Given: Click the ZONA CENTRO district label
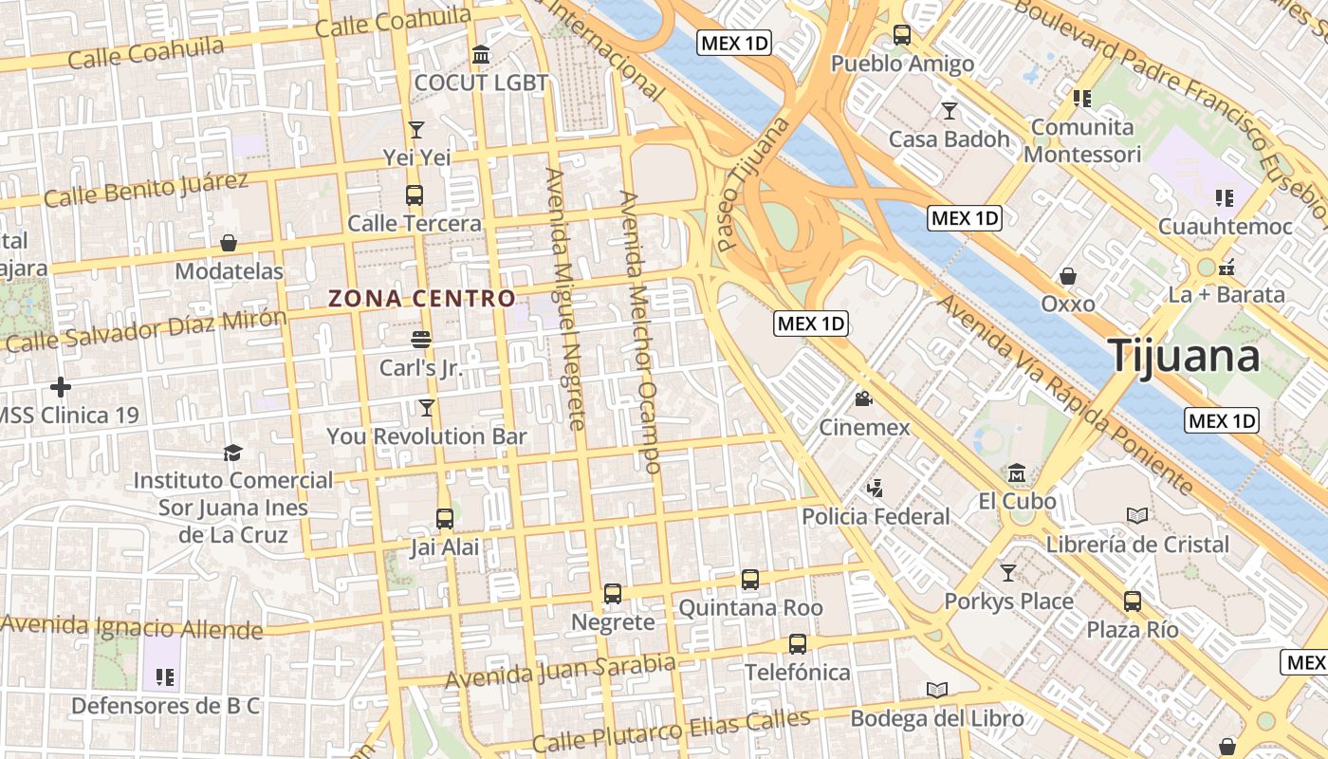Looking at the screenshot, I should pos(422,299).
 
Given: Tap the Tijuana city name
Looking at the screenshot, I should pos(1184,356).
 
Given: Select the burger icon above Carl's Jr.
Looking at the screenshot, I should pos(421,339).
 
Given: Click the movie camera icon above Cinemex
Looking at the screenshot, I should pos(863,398).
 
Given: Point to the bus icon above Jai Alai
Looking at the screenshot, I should pos(445,519).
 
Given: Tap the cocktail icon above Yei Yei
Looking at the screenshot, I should pos(415,129).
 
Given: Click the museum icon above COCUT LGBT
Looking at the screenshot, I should pos(481,55).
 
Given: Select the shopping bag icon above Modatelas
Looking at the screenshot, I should pos(229,243).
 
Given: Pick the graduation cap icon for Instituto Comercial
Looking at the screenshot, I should pos(232,453).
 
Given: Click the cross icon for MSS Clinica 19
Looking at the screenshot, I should pos(61,387).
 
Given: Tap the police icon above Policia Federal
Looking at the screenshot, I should pos(875,489).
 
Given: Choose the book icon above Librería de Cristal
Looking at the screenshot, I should pos(1136,516).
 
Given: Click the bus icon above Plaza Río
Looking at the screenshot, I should pos(1133,601).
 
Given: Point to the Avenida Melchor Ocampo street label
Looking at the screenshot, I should pos(639,332).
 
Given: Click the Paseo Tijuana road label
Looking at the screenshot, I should pos(753,184).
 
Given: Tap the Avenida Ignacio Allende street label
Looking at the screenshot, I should pos(132,627).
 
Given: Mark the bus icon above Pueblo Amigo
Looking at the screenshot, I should pos(902,35).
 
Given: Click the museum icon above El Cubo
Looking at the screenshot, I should pos(1017,472).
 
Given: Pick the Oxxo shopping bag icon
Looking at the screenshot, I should pos(1068,276).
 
